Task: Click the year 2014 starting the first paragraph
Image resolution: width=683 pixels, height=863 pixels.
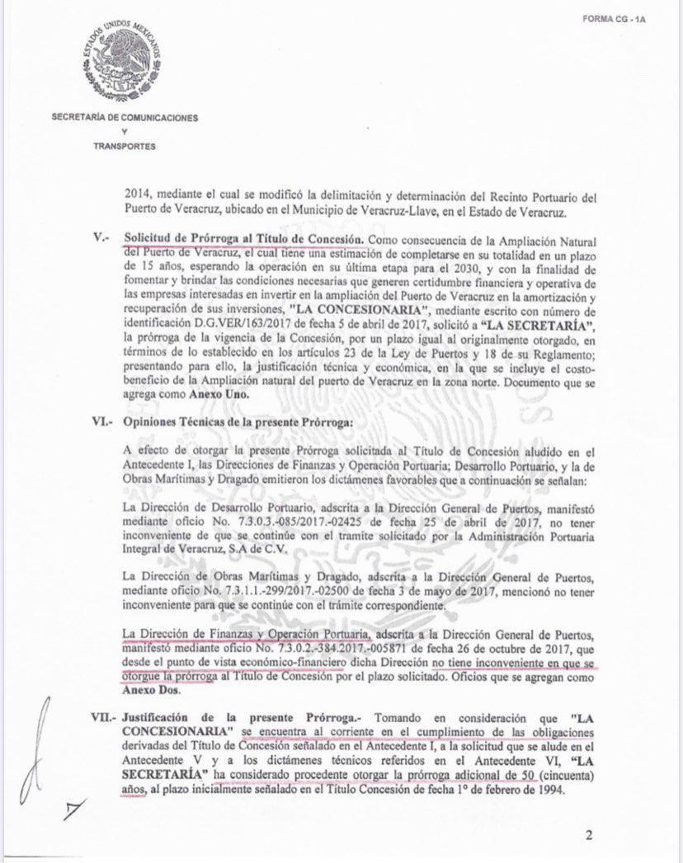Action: pyautogui.click(x=136, y=197)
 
